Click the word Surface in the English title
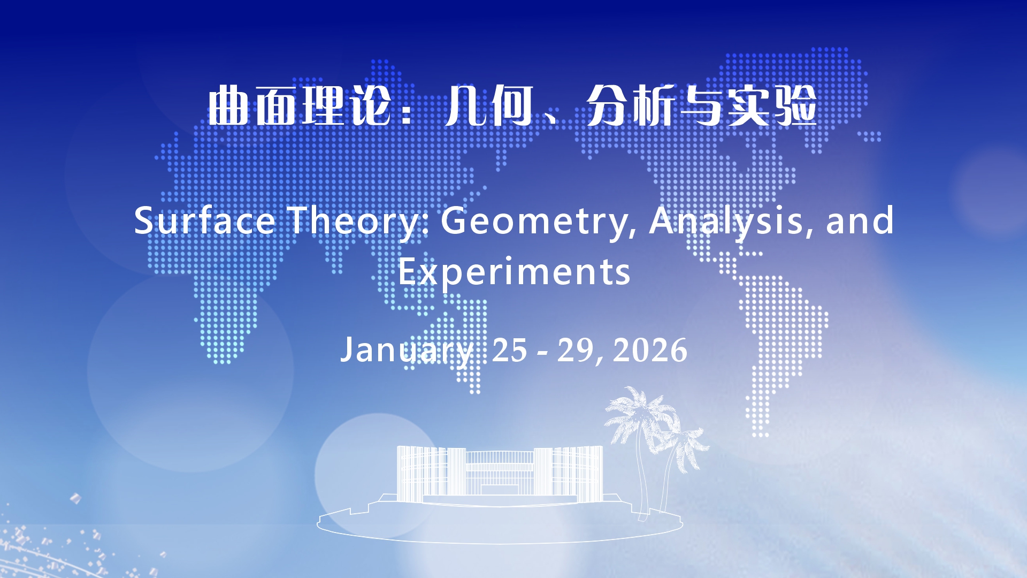click(204, 220)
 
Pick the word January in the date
click(407, 351)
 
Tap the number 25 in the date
click(509, 351)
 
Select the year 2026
click(650, 351)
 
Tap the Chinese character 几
click(466, 106)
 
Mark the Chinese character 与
click(702, 106)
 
